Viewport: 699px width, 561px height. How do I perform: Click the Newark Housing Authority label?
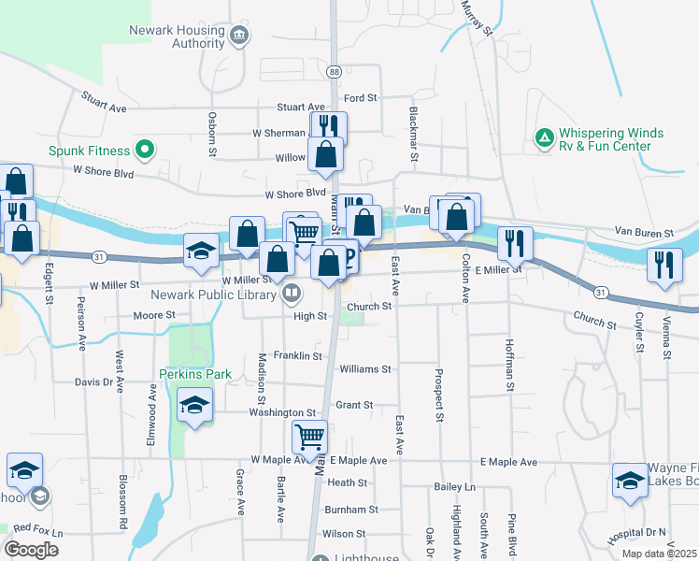tap(177, 36)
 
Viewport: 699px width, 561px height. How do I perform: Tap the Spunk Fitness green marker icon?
tap(144, 149)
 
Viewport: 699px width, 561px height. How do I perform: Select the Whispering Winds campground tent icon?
tap(544, 138)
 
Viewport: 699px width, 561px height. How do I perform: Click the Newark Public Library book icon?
tap(292, 295)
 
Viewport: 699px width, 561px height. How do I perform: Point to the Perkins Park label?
tap(181, 374)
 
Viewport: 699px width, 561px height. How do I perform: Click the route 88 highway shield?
tap(334, 71)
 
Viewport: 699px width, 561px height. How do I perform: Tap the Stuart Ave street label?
tap(103, 102)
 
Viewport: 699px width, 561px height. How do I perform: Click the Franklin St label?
tap(297, 356)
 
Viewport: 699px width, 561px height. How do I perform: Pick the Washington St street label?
tap(282, 412)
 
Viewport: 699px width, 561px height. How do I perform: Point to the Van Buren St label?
tap(643, 232)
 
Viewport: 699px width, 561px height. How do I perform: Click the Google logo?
tap(32, 550)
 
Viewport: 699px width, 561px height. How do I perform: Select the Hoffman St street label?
tap(510, 365)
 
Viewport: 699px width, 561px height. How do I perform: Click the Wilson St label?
tap(343, 534)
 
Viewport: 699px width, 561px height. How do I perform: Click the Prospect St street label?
tap(437, 395)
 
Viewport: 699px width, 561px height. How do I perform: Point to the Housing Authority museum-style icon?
tap(239, 36)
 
